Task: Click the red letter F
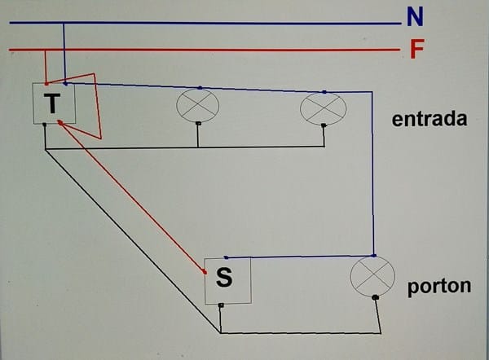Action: pyautogui.click(x=416, y=50)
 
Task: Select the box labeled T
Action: pyautogui.click(x=55, y=103)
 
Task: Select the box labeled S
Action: pyautogui.click(x=227, y=280)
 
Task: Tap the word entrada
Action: pyautogui.click(x=429, y=119)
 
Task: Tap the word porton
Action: pyautogui.click(x=438, y=286)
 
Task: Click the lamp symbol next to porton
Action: pyautogui.click(x=372, y=276)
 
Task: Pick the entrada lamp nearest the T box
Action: pyautogui.click(x=198, y=105)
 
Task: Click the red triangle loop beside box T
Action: pyautogui.click(x=90, y=106)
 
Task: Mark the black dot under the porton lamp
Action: pyautogui.click(x=375, y=298)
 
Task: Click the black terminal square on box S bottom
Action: pyautogui.click(x=221, y=305)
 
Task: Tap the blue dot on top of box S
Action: pyautogui.click(x=225, y=257)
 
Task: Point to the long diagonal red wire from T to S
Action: pyautogui.click(x=130, y=195)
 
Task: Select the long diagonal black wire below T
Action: pyautogui.click(x=130, y=240)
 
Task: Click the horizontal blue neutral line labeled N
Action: pyautogui.click(x=204, y=23)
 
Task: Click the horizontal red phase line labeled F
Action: pyautogui.click(x=204, y=50)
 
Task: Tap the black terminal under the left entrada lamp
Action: pyautogui.click(x=198, y=124)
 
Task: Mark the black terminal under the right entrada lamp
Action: pyautogui.click(x=324, y=125)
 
